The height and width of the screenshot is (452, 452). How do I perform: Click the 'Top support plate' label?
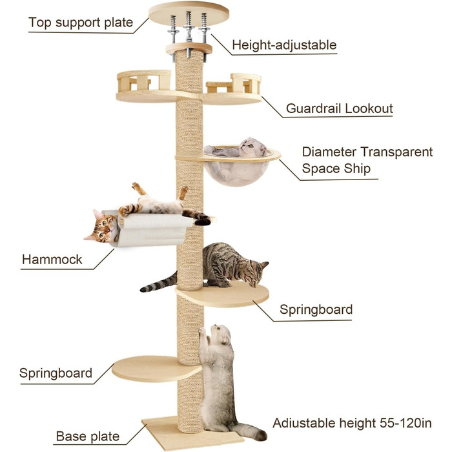[81, 23]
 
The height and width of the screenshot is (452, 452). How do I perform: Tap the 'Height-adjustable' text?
[284, 45]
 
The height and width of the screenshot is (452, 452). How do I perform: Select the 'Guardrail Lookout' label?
[339, 108]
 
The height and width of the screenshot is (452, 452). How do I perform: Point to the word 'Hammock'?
[52, 260]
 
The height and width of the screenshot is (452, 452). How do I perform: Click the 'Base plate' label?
[88, 436]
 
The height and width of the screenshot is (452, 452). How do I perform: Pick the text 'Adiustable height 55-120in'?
[352, 423]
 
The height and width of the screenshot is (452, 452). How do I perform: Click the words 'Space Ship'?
[336, 169]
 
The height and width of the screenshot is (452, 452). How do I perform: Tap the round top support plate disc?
[189, 14]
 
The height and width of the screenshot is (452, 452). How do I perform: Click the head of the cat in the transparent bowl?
[253, 147]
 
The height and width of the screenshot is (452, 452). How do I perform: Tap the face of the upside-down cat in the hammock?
[102, 228]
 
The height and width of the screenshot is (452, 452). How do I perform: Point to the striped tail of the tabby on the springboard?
[159, 283]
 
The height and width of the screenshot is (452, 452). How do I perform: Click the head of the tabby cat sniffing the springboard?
[257, 274]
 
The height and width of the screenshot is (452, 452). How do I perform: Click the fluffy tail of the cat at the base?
[251, 431]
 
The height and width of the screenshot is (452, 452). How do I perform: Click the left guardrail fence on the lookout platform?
[143, 80]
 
